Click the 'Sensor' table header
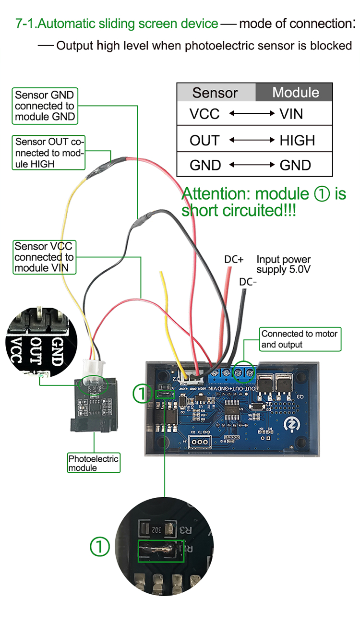pos(215,93)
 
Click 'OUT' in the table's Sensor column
pos(204,140)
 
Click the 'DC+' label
pos(234,259)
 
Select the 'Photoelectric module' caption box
pos(93,463)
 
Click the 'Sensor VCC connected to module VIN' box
pos(45,257)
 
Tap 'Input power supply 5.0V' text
pos(283,264)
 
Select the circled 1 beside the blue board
pos(142,394)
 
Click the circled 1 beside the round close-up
pos(100,546)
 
